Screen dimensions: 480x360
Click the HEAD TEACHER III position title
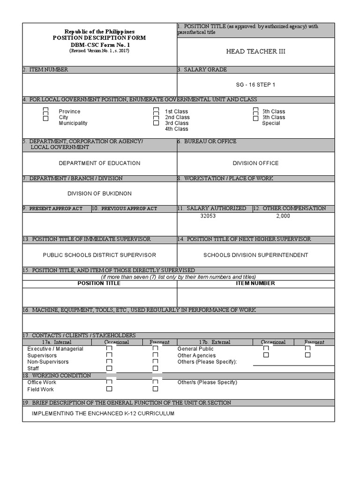click(255, 52)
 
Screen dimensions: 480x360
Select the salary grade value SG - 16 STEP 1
click(255, 85)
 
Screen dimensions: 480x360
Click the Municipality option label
click(73, 123)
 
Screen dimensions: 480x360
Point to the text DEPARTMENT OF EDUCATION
click(99, 163)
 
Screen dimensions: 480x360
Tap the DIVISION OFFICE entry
click(255, 163)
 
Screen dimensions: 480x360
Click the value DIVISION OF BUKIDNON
click(99, 194)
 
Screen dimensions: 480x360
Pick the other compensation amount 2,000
click(283, 216)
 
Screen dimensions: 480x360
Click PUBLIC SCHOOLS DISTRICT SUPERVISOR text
click(99, 255)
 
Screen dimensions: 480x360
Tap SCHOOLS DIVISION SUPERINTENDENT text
click(255, 255)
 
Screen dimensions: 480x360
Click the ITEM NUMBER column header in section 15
click(256, 283)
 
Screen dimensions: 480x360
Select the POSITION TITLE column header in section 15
click(99, 283)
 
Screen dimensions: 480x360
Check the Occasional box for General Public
click(266, 348)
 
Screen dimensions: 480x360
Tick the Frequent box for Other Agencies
click(307, 355)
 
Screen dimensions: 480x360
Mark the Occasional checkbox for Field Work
click(109, 389)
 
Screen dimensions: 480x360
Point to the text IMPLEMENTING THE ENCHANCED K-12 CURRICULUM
click(103, 413)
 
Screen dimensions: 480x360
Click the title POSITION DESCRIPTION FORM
click(99, 37)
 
